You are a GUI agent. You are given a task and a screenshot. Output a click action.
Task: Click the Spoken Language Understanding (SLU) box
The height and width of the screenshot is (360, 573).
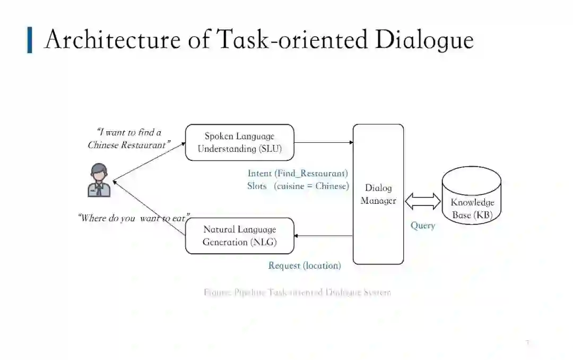(239, 142)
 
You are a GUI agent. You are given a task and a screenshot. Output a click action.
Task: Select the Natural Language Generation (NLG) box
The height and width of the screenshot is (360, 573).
(239, 236)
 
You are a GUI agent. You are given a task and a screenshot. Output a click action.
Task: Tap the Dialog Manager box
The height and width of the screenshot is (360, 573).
(378, 194)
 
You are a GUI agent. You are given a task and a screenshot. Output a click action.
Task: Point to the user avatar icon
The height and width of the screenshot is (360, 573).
(99, 181)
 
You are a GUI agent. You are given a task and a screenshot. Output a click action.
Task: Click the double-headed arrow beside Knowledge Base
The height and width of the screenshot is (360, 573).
(423, 201)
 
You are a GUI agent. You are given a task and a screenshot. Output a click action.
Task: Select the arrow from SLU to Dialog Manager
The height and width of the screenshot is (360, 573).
(324, 142)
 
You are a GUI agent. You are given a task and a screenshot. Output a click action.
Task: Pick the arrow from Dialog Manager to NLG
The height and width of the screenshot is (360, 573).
(324, 236)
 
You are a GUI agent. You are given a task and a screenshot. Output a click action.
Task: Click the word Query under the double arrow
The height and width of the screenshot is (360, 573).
(423, 226)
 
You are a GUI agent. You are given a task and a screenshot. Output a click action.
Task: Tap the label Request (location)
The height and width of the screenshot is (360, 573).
(305, 265)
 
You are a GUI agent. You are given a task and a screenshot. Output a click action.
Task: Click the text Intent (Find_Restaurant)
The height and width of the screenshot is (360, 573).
(298, 173)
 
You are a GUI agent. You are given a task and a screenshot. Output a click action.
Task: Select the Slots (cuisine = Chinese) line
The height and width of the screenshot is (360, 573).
(298, 186)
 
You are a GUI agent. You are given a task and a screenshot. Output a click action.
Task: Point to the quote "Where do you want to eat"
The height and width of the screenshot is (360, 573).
(134, 218)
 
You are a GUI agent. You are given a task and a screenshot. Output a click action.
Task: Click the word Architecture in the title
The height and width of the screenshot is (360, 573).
(112, 40)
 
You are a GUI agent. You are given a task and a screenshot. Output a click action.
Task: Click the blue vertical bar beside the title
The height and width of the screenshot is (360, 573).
(30, 40)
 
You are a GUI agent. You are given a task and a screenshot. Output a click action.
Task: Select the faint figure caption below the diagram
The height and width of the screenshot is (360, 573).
(297, 293)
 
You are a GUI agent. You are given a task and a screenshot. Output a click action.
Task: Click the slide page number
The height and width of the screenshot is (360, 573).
(527, 342)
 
